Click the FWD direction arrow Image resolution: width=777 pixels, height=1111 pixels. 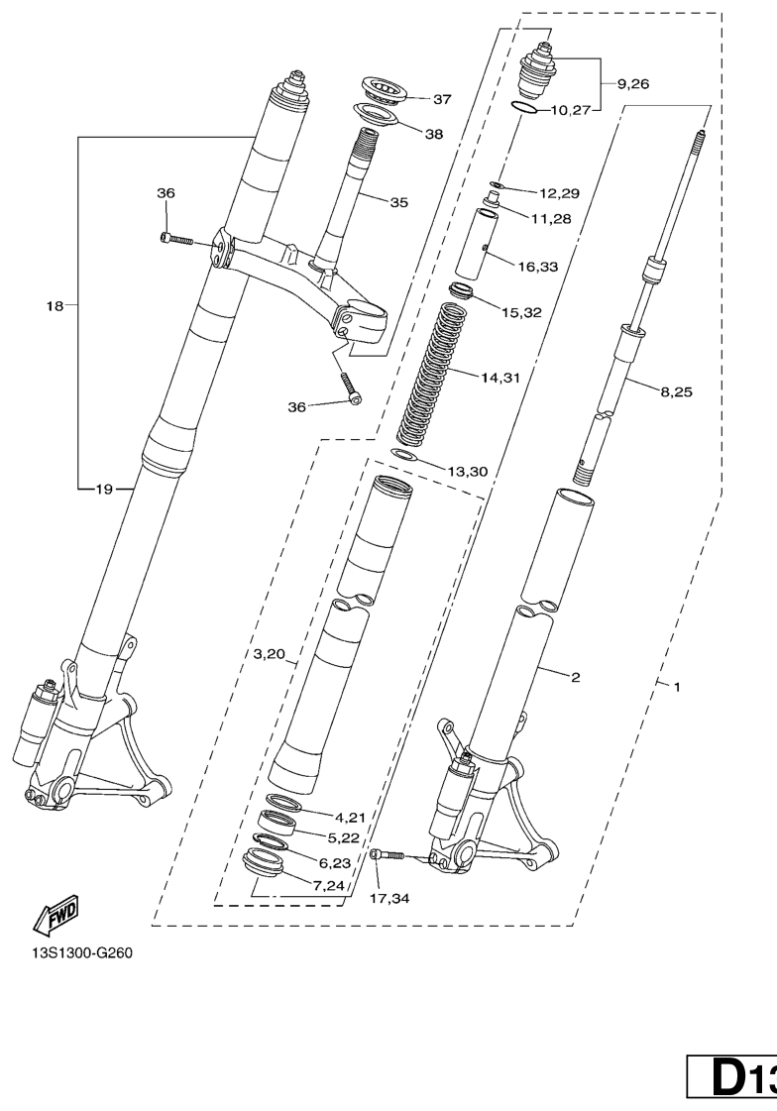(55, 914)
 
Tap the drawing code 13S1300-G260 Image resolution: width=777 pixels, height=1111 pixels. (81, 952)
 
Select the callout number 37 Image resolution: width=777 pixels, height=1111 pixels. (442, 99)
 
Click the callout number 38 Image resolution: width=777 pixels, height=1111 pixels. (433, 134)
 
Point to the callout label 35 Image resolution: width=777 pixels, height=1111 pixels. (399, 202)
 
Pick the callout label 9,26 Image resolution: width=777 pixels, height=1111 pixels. (633, 84)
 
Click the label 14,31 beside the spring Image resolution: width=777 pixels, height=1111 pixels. (500, 378)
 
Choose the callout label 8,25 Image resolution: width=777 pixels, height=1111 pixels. (677, 391)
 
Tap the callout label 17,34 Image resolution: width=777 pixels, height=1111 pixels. (389, 899)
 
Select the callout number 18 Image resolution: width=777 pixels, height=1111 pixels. (55, 306)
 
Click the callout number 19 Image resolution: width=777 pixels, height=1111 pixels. (104, 489)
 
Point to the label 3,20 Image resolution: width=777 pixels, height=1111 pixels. (269, 654)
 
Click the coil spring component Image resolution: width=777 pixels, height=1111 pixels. (431, 373)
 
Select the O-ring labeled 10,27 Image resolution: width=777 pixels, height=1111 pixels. (524, 108)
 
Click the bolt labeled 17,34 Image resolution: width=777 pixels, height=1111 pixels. (387, 856)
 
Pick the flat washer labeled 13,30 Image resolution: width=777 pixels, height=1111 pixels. (403, 454)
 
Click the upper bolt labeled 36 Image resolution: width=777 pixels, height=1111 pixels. (176, 239)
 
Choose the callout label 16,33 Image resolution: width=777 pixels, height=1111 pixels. (538, 268)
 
